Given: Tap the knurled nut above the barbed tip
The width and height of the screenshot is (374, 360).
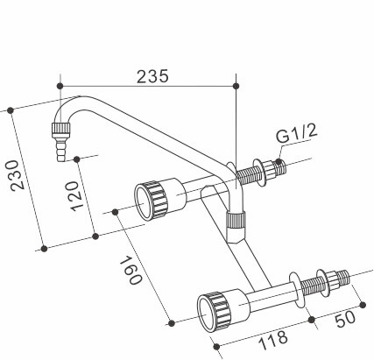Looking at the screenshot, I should (x=60, y=131).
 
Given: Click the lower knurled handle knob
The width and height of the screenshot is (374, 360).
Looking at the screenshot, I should (x=215, y=307).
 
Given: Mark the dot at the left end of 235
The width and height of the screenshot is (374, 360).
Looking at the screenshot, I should (x=60, y=85).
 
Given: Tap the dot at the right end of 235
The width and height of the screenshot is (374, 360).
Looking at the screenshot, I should (x=237, y=85).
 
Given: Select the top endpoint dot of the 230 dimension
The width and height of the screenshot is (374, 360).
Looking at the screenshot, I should (x=10, y=110).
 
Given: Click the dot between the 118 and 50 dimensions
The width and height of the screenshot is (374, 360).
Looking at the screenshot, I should (x=313, y=321).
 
